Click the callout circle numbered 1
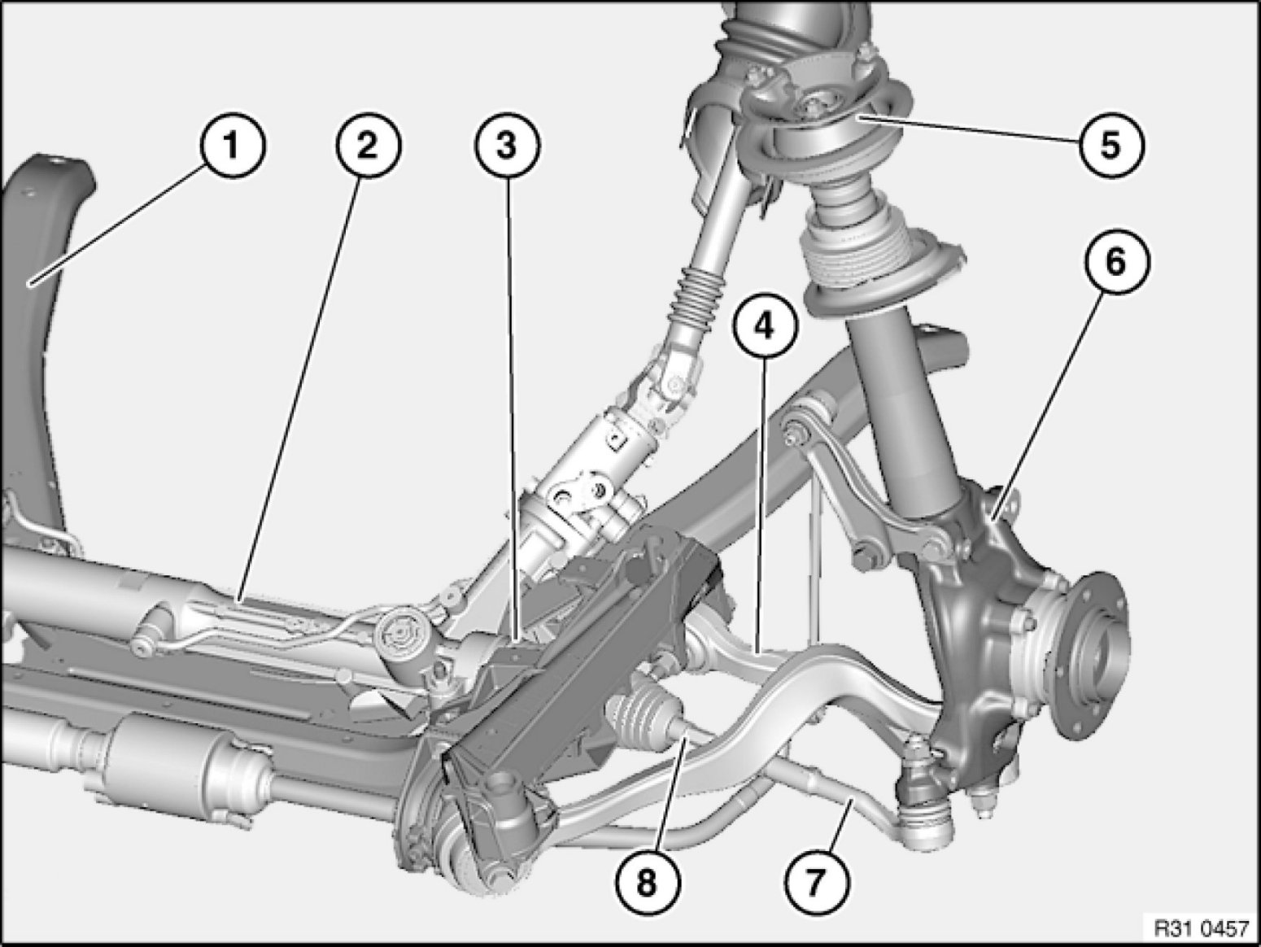click(232, 145)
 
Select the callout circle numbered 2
click(369, 145)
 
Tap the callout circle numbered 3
click(507, 145)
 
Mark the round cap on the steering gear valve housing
click(398, 634)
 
